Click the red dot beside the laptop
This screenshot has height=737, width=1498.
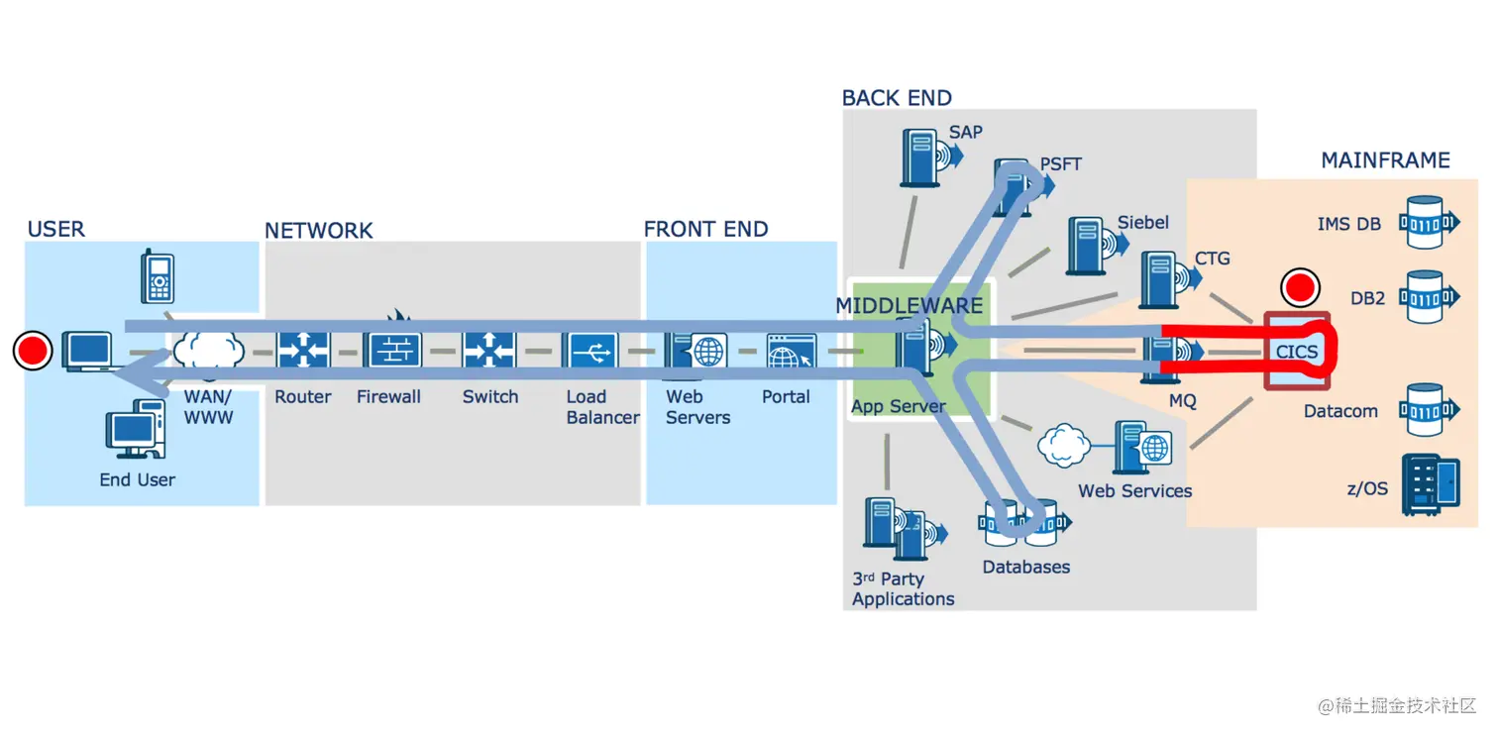(x=33, y=351)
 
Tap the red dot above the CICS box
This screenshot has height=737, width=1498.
(x=1300, y=288)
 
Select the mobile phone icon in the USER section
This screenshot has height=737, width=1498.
(x=158, y=276)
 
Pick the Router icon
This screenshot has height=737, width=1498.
(x=303, y=350)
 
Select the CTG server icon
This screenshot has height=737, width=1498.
(x=1170, y=279)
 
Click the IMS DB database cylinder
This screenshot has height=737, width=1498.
(x=1429, y=222)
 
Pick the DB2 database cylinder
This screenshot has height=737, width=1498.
(x=1429, y=297)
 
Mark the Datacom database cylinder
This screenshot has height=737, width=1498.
(x=1429, y=409)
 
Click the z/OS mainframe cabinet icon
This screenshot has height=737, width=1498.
(x=1431, y=484)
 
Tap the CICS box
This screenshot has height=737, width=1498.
(x=1297, y=351)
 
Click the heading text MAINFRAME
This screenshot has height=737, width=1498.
(x=1385, y=160)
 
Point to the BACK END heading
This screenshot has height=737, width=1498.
(x=896, y=98)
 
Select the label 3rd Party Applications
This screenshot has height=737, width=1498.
(x=903, y=588)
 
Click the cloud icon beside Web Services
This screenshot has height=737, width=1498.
(x=1063, y=445)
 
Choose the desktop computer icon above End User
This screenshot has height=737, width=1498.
(x=136, y=429)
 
